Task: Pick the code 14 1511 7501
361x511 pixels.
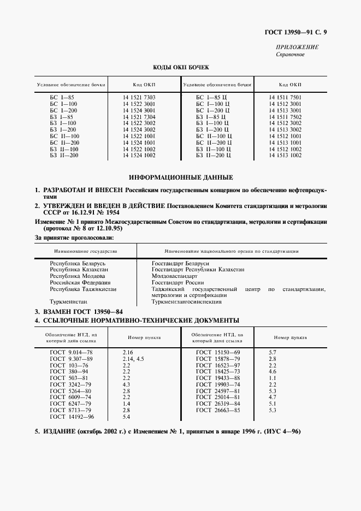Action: point(285,97)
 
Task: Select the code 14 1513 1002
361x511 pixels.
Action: point(285,156)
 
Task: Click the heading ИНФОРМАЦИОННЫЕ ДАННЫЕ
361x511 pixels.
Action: point(180,177)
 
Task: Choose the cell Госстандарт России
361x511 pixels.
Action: point(177,283)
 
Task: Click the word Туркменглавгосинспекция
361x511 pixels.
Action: point(186,301)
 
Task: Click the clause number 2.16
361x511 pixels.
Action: point(128,353)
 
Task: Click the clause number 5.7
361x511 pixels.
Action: point(273,353)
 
